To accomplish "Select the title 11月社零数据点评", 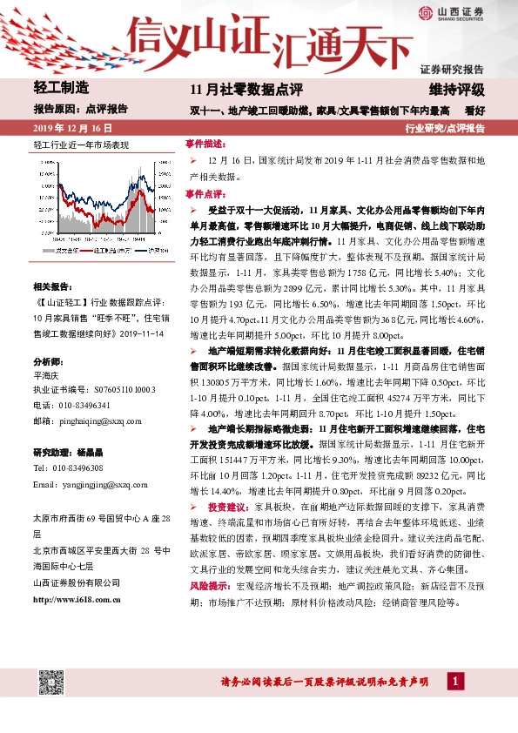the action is pos(246,89).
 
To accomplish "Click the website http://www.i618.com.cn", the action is pos(77,598).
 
